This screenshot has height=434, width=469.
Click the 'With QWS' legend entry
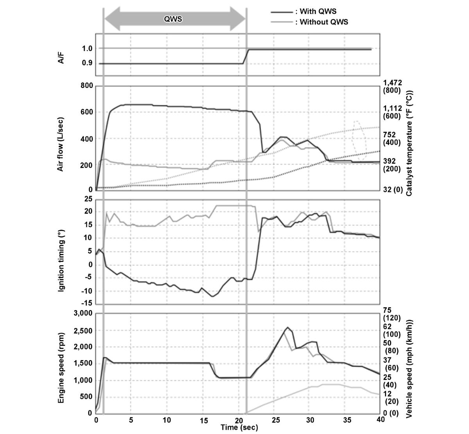tap(318, 12)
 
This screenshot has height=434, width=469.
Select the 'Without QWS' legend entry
tap(322, 22)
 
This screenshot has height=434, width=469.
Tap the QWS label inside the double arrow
tap(173, 19)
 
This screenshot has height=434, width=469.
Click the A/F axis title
tap(61, 56)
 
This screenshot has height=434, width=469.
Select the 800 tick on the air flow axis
tap(87, 86)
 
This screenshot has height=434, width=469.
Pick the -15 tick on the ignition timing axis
tap(87, 303)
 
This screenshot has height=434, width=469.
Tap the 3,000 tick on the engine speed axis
tap(82, 314)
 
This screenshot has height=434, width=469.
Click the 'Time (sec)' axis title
tap(239, 428)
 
